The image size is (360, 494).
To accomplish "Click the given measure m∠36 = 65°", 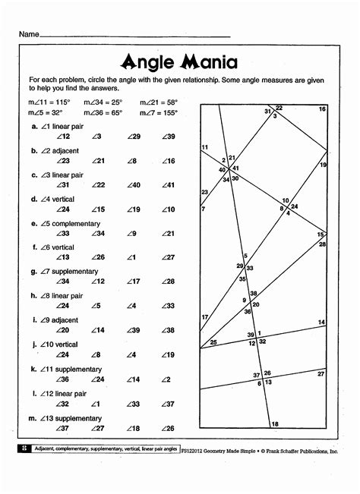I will point(103,112).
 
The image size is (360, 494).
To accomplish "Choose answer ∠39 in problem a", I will point(168,137).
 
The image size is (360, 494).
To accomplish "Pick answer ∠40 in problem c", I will point(134,184).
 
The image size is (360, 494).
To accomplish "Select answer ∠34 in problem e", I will point(98,233).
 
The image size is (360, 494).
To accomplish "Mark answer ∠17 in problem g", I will point(134,282).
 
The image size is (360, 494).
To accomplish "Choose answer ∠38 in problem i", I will point(168,330).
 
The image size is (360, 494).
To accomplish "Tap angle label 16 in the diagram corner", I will point(322,109).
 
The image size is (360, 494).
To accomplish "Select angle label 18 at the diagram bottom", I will point(275,423).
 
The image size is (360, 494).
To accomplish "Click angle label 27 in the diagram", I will point(321,373).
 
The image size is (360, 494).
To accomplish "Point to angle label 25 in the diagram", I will point(213,342).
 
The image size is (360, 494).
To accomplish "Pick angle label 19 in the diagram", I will point(323,165).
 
